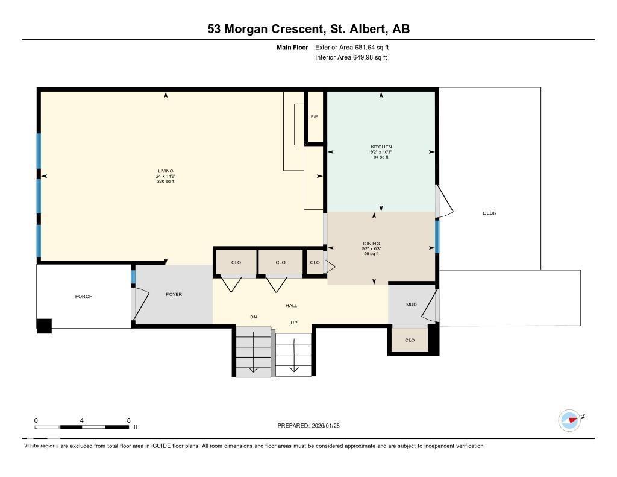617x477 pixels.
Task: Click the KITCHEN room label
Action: coord(381,147)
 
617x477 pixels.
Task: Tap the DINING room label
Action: coord(371,244)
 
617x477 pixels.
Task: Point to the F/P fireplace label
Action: coord(314,116)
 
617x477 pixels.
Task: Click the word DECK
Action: coord(489,213)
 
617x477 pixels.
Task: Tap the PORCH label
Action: coord(84,296)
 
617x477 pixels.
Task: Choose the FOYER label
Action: coord(174,294)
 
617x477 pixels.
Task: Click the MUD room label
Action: coord(411,305)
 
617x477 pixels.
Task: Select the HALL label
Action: coord(291,305)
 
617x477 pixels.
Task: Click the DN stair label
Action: coord(254,317)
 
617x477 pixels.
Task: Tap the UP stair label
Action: coord(294,323)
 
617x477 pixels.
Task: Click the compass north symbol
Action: coord(569,420)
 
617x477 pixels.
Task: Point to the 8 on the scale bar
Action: coord(128,420)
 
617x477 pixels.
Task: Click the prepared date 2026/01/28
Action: coord(330,426)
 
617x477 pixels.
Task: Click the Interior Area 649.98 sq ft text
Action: coord(351,58)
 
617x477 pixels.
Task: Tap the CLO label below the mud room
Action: coord(410,340)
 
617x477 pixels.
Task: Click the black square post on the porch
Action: coord(45,326)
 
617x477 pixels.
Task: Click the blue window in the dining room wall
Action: coord(437,236)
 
